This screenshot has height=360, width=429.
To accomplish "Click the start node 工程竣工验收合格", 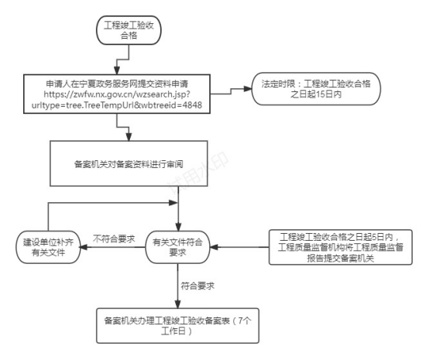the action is click(x=129, y=30).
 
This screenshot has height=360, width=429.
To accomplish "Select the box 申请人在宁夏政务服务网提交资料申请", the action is click(x=117, y=94).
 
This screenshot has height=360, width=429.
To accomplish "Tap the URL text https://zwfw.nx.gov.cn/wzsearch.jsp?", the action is click(x=117, y=94).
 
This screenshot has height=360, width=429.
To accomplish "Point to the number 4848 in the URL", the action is click(x=192, y=105).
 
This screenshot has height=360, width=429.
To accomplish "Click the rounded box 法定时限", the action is click(x=316, y=88).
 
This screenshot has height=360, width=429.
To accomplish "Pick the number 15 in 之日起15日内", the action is click(x=321, y=94).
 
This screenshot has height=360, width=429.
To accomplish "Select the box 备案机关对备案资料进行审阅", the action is click(x=129, y=163).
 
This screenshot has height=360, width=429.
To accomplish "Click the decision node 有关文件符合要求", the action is click(x=177, y=247).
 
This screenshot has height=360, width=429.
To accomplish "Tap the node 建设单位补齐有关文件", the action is click(x=48, y=247).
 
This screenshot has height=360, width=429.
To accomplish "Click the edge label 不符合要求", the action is click(x=114, y=238).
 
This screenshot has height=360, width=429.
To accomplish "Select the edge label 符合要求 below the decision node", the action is click(x=197, y=286).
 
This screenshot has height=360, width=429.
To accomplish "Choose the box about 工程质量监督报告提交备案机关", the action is click(x=341, y=247).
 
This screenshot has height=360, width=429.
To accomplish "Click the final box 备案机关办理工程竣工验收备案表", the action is click(x=177, y=326).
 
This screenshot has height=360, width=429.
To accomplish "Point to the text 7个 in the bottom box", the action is click(x=245, y=321).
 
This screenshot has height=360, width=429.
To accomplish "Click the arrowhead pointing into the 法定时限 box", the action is click(x=248, y=88).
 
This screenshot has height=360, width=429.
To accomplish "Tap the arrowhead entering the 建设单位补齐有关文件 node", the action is click(x=84, y=247).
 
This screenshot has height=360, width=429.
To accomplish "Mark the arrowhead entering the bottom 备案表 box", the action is click(x=178, y=305).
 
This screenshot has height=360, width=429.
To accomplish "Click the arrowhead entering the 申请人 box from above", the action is click(x=117, y=70).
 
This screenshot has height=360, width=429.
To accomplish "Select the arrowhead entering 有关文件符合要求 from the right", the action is click(x=214, y=247).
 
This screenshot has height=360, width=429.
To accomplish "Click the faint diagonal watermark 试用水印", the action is click(x=197, y=173).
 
